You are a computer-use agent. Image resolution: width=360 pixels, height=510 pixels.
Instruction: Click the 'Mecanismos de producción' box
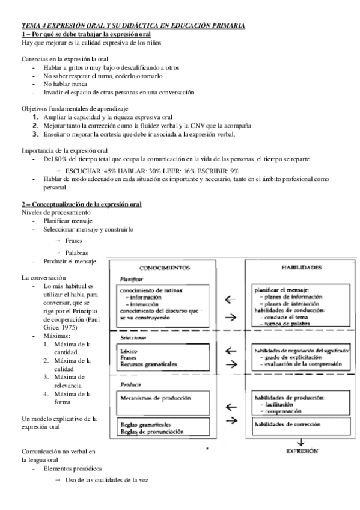tap(156, 398)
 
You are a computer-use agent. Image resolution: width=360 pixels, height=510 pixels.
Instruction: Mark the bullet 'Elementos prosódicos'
tap(72, 467)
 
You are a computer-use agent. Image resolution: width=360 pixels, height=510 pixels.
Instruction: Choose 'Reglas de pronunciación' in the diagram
tap(151, 431)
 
